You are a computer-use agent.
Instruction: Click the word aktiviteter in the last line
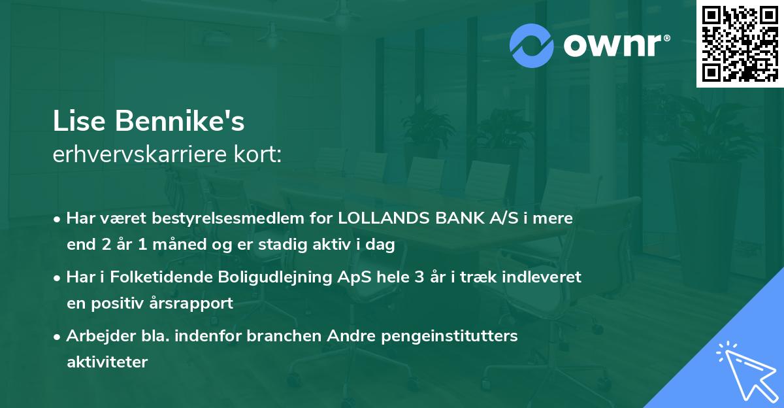coord(107,362)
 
